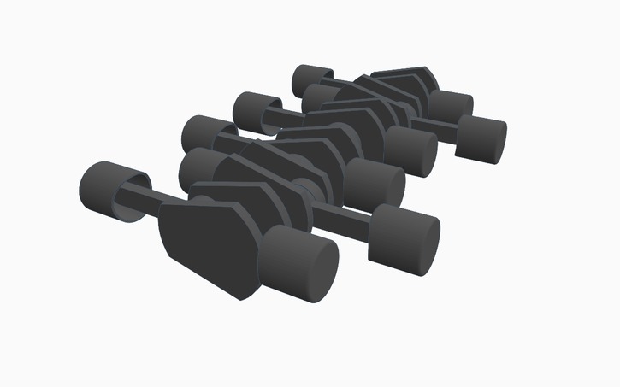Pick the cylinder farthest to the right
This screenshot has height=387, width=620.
[x=481, y=138]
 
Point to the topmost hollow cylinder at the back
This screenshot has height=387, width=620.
[x=312, y=81]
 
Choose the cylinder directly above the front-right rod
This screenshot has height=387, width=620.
[x=376, y=183]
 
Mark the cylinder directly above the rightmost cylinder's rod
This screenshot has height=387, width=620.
[x=449, y=105]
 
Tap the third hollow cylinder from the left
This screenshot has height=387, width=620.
[x=256, y=110]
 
